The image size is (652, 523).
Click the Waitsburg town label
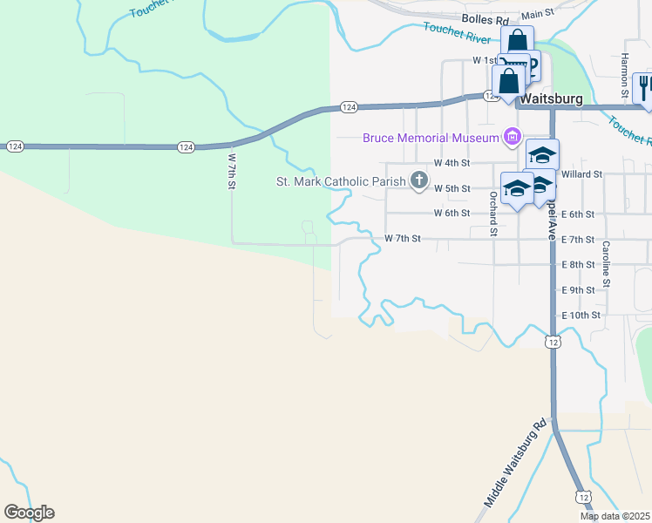[x=551, y=99]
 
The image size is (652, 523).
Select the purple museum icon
[x=512, y=137]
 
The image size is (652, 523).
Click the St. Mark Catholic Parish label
[x=341, y=181]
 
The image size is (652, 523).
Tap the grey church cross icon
[x=419, y=181]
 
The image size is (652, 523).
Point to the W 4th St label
[x=452, y=163]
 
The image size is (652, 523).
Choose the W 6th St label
[x=452, y=213]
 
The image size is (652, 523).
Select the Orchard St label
[x=492, y=214]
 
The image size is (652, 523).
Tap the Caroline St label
[x=606, y=260]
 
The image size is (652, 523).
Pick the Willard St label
[x=582, y=174]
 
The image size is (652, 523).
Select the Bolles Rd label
[x=486, y=19]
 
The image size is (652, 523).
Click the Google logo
[x=29, y=513]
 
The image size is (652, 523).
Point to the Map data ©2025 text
[x=615, y=516]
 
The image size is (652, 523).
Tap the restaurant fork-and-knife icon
[x=644, y=88]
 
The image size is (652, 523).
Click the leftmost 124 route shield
[x=15, y=146]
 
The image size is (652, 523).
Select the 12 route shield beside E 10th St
[x=554, y=343]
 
